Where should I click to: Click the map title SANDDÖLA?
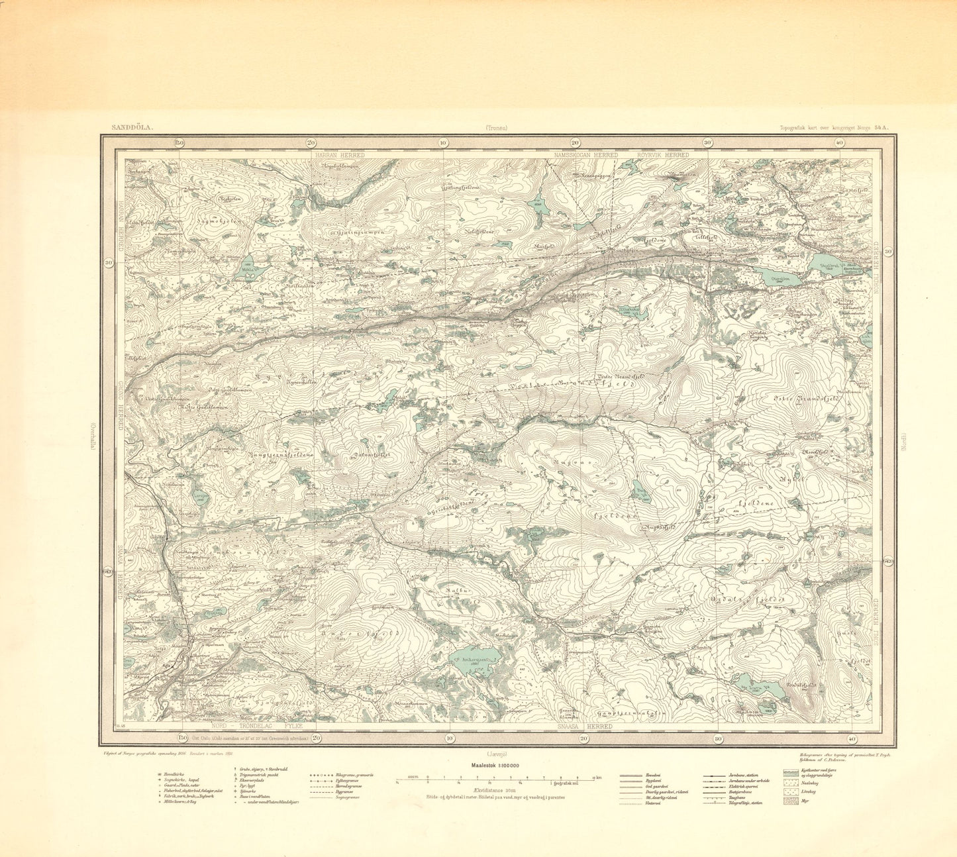click(132, 129)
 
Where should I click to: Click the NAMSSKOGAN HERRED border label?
click(586, 155)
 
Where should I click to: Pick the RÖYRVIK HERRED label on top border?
click(662, 155)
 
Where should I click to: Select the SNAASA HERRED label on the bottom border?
click(581, 727)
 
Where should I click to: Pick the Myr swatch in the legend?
click(789, 801)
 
